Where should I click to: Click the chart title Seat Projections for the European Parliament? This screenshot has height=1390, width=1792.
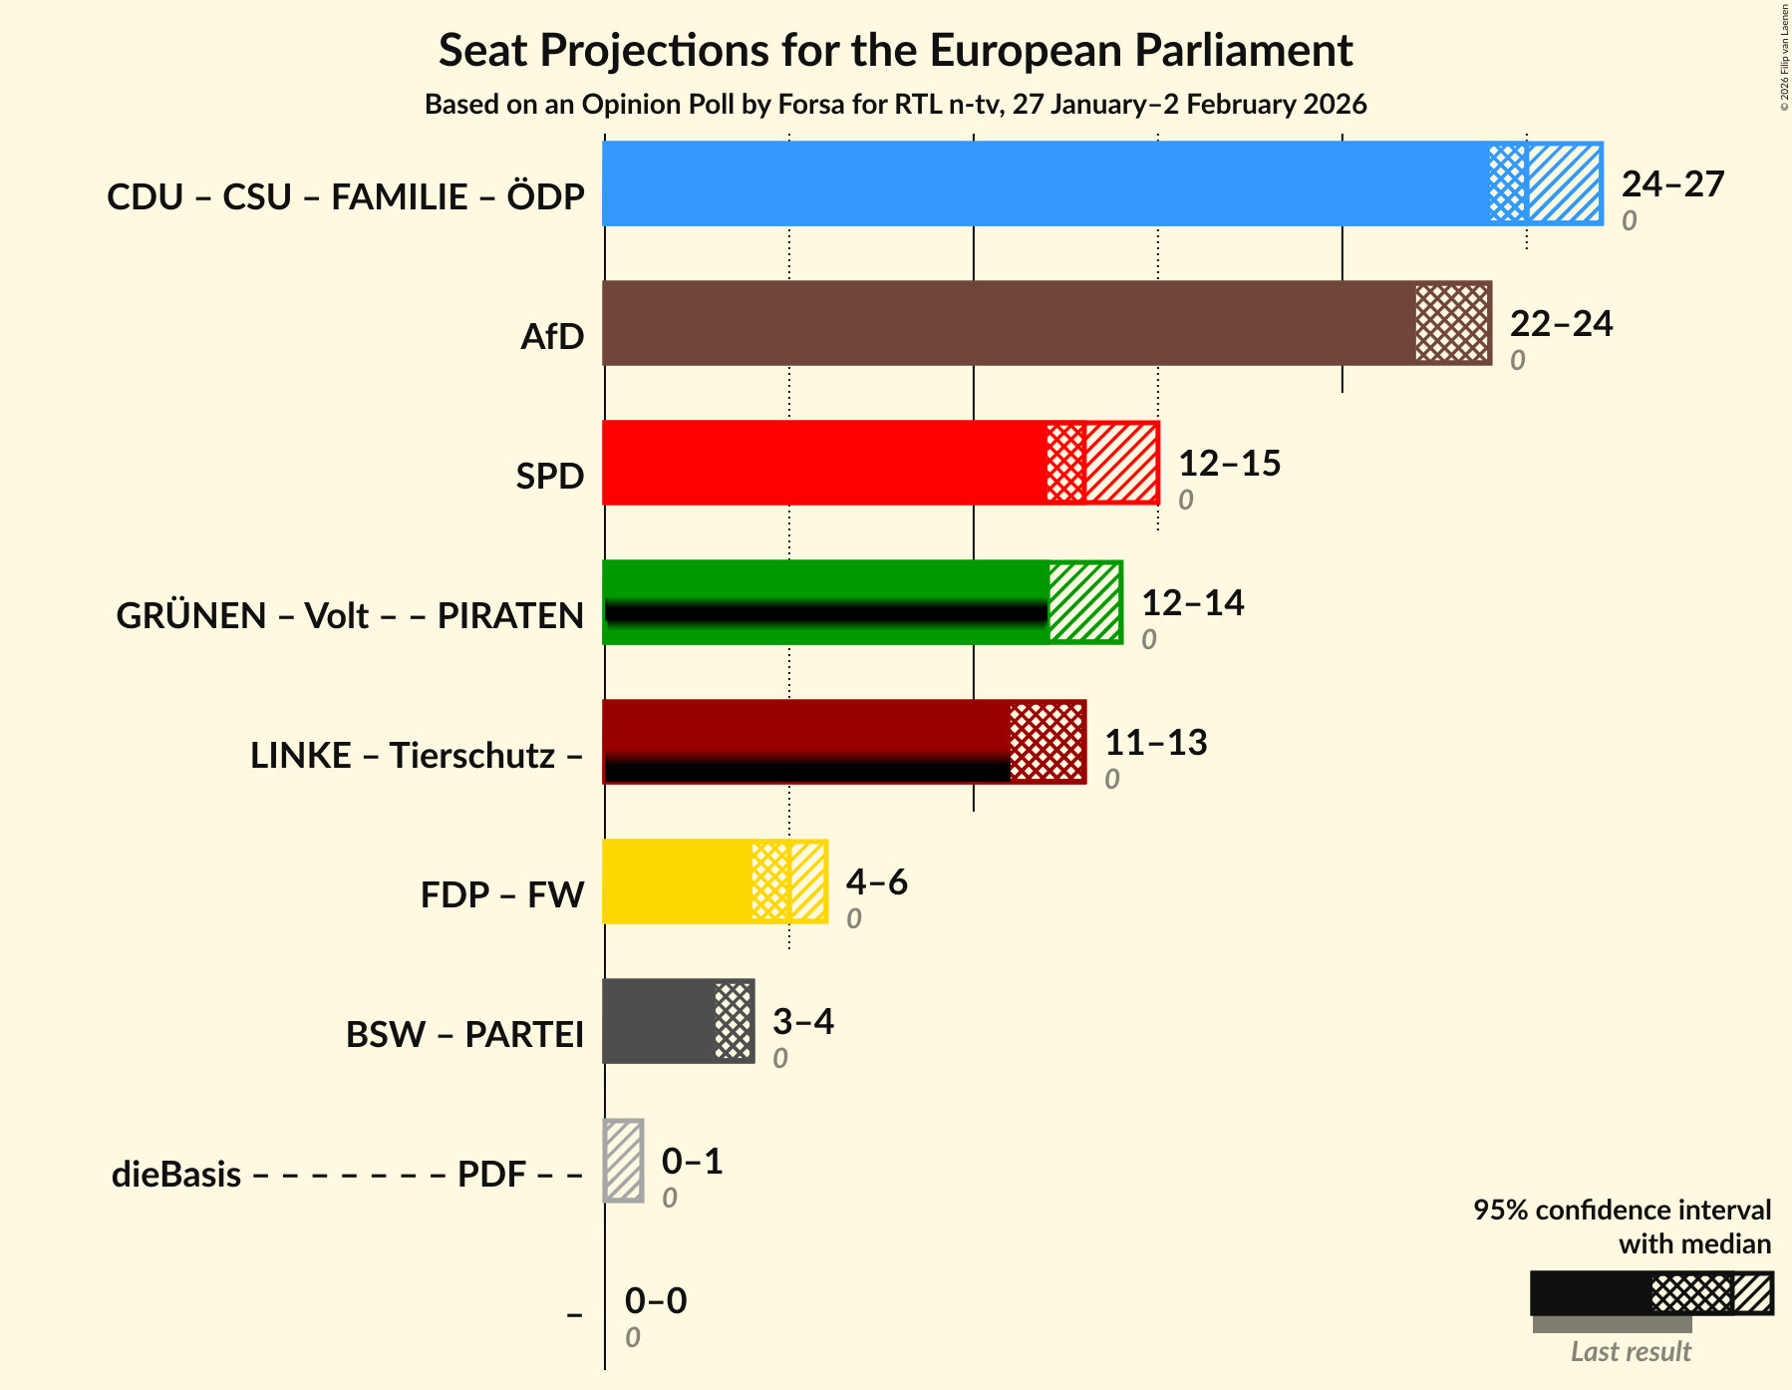coord(895,50)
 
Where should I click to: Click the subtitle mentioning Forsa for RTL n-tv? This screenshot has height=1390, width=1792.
coord(895,105)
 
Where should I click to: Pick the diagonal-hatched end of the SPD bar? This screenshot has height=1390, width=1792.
coord(1121,463)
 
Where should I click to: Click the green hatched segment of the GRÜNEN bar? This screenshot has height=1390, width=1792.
coord(1084,602)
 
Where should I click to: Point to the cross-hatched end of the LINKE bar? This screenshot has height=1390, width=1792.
coord(1046,742)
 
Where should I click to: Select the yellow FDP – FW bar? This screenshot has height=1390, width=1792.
coord(678,881)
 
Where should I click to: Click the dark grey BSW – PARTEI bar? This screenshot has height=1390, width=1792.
coord(658,1021)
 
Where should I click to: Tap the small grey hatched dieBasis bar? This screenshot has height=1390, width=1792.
coord(624,1161)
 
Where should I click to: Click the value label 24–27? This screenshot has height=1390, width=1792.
coord(1672,184)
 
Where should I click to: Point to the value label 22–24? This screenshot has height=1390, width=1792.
coord(1561,324)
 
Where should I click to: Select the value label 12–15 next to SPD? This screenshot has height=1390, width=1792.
coord(1229,464)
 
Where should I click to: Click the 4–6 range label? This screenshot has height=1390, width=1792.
coord(876,882)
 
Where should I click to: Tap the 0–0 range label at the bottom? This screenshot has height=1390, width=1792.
coord(655,1301)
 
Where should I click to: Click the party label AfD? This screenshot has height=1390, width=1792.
coord(552,337)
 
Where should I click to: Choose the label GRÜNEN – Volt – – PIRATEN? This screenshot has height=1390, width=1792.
coord(350,616)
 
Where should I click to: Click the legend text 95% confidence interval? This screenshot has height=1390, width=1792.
coord(1622,1210)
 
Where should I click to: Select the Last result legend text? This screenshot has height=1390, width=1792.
coord(1631,1352)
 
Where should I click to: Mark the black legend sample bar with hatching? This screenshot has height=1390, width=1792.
coord(1650,1294)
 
